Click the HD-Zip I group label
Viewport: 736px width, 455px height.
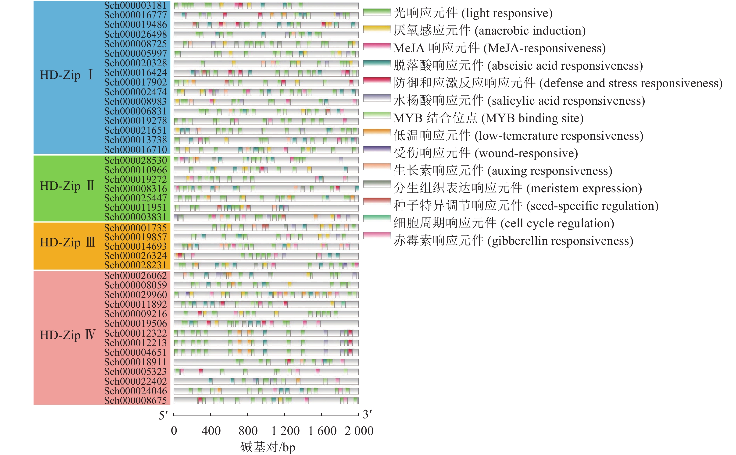pyautogui.click(x=67, y=75)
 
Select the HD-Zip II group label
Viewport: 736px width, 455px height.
pyautogui.click(x=67, y=186)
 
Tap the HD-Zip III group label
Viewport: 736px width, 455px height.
pyautogui.click(x=67, y=242)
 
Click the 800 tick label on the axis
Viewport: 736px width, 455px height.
pyautogui.click(x=248, y=431)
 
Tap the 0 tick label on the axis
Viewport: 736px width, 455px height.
pyautogui.click(x=174, y=431)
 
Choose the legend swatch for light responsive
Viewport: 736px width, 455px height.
pyautogui.click(x=377, y=12)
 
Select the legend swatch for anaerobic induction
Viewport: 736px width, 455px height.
pyautogui.click(x=377, y=29)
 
